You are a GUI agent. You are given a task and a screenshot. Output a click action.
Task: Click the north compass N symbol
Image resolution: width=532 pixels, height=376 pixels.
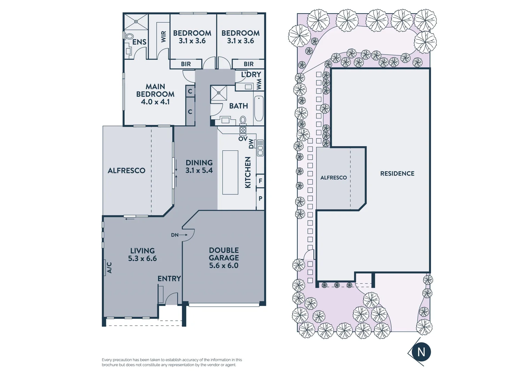click(421, 352)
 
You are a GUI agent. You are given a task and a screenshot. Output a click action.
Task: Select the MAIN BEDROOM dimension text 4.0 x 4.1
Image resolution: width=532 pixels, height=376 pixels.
click(155, 102)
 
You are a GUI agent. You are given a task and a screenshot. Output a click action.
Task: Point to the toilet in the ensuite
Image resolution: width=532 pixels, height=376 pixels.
click(130, 36)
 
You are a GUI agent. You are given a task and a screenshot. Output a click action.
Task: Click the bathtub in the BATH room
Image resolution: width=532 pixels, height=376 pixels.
click(259, 109)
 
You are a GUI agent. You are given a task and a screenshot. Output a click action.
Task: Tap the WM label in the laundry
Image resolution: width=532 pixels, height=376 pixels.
click(259, 84)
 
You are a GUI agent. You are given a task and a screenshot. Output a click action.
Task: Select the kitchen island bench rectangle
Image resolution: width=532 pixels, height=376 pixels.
click(230, 172)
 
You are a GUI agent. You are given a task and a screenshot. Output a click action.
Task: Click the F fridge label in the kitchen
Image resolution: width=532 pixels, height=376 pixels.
click(260, 181)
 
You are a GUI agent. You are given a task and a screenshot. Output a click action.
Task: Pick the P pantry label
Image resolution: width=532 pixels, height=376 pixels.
click(260, 198)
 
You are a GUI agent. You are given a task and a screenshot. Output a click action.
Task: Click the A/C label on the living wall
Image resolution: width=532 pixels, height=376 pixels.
click(109, 267)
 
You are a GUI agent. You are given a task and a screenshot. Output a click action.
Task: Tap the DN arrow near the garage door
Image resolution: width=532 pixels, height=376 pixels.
click(179, 235)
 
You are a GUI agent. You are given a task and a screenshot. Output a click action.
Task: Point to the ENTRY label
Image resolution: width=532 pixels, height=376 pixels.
click(169, 279)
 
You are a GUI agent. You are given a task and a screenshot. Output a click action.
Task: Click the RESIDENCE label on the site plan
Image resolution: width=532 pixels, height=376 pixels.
click(397, 173)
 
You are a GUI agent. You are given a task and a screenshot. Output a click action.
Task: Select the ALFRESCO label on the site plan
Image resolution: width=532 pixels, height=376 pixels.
click(334, 178)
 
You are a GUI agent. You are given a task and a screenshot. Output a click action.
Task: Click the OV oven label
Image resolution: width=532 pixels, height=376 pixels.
click(243, 139)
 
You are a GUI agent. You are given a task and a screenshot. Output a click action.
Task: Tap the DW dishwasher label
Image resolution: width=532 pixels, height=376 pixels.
click(251, 144)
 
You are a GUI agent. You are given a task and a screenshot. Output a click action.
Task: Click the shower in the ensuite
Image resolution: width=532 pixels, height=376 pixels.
click(136, 22)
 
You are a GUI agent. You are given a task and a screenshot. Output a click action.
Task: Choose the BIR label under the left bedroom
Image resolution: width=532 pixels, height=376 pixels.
click(186, 64)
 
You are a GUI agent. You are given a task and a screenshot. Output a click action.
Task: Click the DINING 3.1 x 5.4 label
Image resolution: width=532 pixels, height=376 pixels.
click(199, 166)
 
